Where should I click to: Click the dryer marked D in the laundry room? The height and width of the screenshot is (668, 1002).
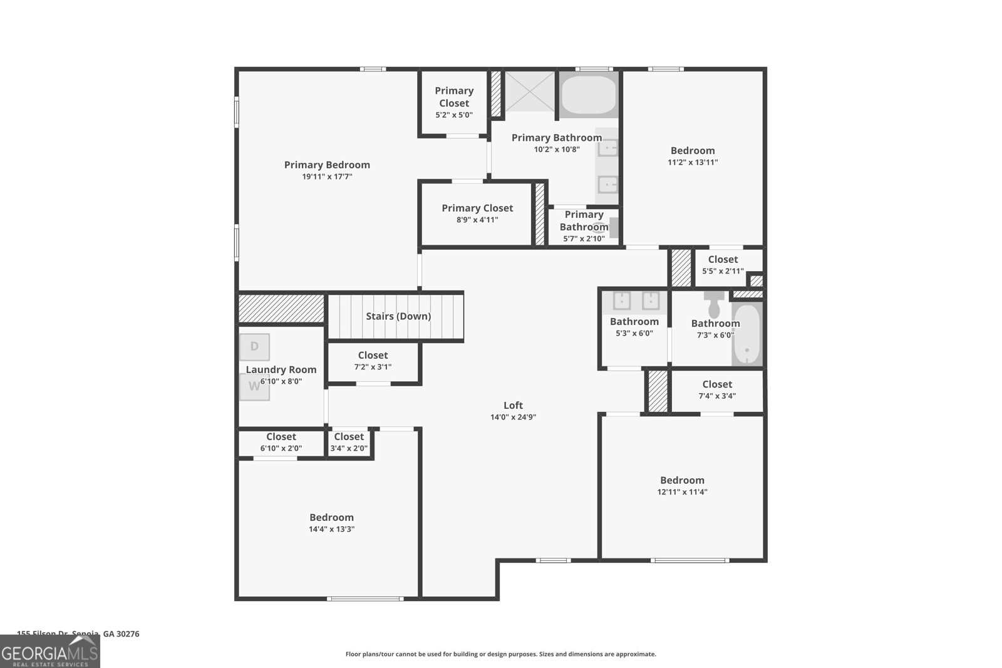pos(254,347)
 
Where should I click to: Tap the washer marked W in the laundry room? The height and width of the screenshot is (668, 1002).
pos(254,386)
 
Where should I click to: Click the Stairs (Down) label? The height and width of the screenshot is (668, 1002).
pos(398,316)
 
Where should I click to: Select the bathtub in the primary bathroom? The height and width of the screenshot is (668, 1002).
pos(589,95)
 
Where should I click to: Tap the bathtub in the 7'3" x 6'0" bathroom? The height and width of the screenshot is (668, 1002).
pos(746,335)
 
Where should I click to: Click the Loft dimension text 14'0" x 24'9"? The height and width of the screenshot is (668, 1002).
pos(513,417)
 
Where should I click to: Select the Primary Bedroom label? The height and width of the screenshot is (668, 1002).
pos(327,165)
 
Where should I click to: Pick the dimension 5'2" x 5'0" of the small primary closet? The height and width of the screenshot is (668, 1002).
pos(454,115)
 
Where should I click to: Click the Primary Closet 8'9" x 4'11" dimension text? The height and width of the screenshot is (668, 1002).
pos(477,220)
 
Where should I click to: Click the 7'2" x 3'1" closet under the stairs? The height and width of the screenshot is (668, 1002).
pos(373,361)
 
